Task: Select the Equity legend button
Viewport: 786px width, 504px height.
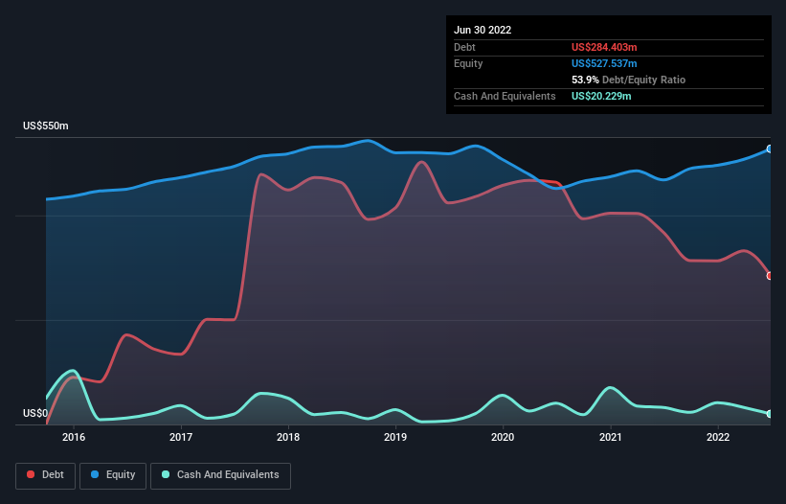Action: click(x=114, y=475)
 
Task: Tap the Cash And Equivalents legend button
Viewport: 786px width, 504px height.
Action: click(x=219, y=475)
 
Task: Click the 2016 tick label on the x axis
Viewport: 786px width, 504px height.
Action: click(x=74, y=438)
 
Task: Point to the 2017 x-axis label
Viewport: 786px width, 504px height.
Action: click(x=181, y=438)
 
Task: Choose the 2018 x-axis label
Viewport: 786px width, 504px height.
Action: click(x=288, y=438)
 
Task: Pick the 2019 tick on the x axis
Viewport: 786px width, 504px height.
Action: click(x=395, y=438)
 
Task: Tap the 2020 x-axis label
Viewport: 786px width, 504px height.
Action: click(x=503, y=438)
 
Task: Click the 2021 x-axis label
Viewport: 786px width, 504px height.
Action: click(x=610, y=438)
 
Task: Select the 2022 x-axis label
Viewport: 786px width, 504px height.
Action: click(x=717, y=438)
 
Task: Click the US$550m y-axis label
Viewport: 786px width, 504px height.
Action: click(x=46, y=126)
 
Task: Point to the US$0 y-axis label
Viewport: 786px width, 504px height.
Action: click(x=34, y=414)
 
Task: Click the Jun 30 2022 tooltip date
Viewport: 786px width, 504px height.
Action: click(x=483, y=30)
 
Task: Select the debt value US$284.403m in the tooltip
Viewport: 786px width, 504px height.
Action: click(x=604, y=47)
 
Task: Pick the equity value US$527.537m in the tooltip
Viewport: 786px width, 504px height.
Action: click(x=604, y=63)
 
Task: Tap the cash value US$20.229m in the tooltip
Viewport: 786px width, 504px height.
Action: click(x=601, y=96)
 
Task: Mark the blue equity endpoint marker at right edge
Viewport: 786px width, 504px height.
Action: click(x=770, y=149)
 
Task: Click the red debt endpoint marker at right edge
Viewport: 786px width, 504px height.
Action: click(x=770, y=276)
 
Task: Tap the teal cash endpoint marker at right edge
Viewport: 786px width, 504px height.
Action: click(x=770, y=414)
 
